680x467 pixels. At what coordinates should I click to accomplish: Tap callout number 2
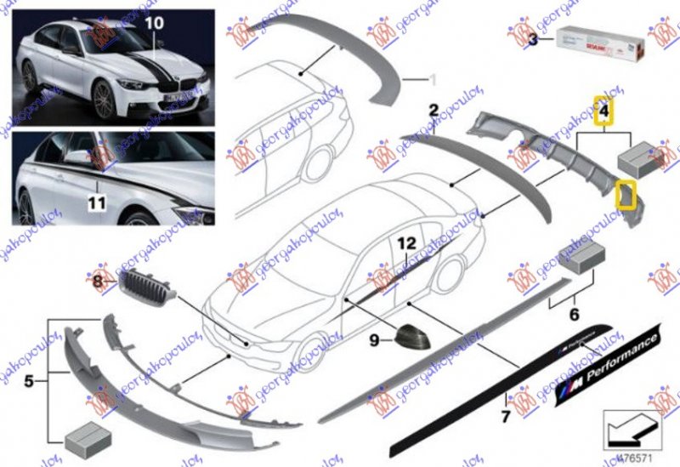(x=433, y=110)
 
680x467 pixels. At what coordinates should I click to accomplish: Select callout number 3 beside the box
(x=533, y=40)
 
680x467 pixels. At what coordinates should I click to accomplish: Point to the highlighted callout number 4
(x=603, y=110)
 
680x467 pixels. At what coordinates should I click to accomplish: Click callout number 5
(x=29, y=381)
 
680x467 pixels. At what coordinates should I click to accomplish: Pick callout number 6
(x=575, y=314)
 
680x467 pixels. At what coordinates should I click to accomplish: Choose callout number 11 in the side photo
(x=98, y=204)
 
